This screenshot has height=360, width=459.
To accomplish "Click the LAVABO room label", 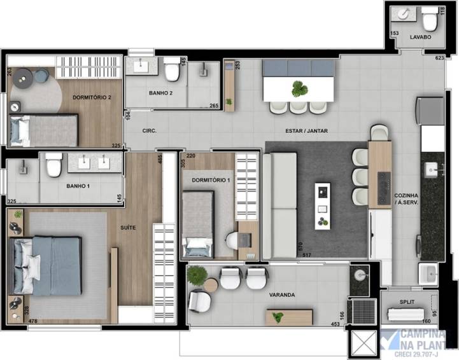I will tap(420, 38).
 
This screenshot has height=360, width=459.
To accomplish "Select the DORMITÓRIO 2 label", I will tap(92, 97).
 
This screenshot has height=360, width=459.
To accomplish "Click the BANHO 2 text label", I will tap(160, 93).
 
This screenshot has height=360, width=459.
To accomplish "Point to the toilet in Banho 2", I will tap(171, 71).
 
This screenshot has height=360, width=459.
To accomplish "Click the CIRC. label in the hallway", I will tap(150, 130).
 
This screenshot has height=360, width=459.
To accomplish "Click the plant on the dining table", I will tap(299, 88).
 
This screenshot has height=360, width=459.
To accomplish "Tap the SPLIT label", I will tap(408, 302).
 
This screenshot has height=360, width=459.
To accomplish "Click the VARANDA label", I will tap(281, 295).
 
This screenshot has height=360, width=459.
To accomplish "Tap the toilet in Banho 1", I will tap(53, 166).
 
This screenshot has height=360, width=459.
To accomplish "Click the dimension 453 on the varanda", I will tap(335, 324).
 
